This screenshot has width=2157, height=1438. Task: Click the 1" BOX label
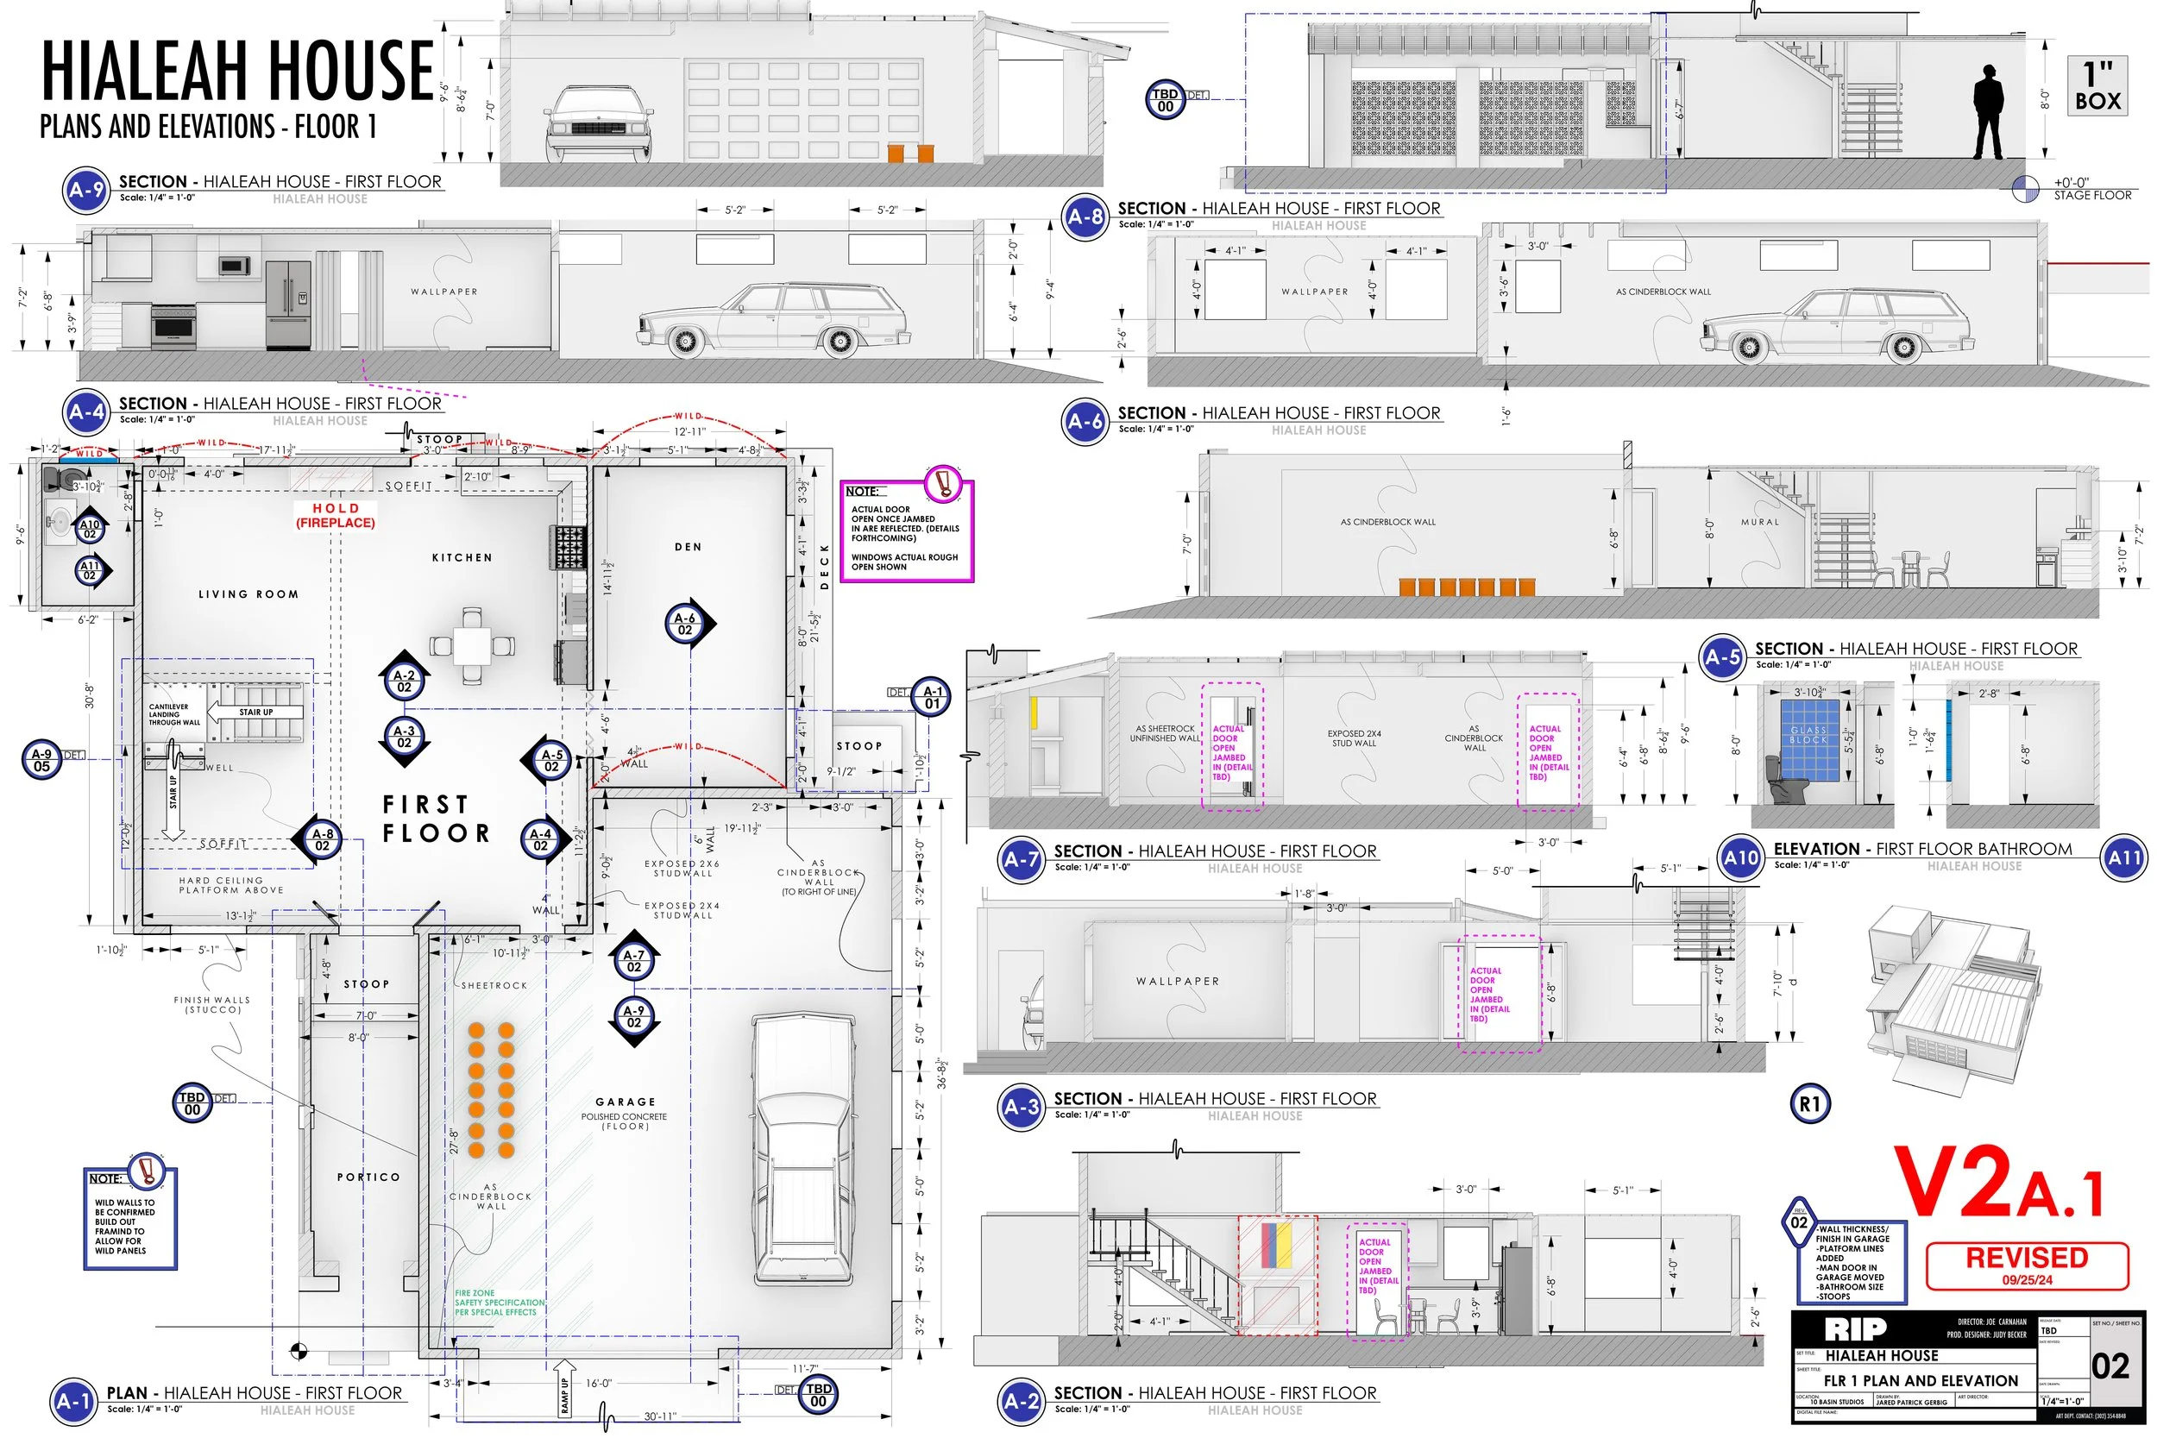coord(2097,86)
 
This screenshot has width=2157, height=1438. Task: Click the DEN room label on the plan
coord(688,548)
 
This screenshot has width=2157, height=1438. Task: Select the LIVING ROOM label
coord(248,594)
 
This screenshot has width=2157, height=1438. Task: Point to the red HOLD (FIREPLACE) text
coord(335,515)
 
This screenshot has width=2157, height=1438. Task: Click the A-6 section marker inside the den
coord(686,624)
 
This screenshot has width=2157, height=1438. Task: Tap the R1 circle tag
coord(1809,1104)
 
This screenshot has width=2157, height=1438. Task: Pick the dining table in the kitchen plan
coord(471,644)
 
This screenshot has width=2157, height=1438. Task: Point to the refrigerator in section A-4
coord(289,304)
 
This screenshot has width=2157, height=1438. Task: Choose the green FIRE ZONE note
coord(499,1303)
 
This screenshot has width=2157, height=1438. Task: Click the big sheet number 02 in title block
coord(2110,1366)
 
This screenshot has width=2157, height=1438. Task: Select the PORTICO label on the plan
coord(368,1177)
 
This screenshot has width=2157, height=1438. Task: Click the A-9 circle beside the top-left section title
coord(86,191)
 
